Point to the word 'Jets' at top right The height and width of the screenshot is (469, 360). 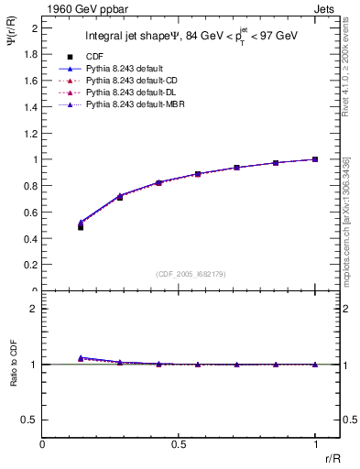tap(325, 7)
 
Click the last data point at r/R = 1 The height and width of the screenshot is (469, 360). tap(315, 159)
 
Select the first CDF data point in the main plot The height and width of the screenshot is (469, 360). tap(81, 226)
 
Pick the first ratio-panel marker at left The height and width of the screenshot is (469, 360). tap(81, 358)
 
